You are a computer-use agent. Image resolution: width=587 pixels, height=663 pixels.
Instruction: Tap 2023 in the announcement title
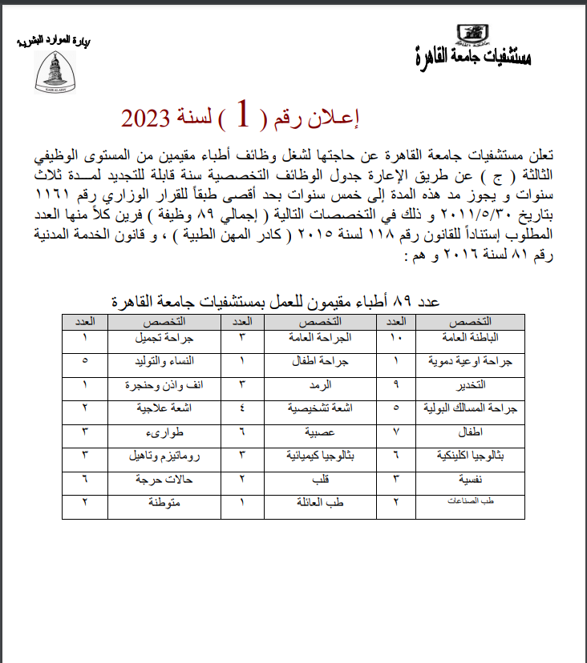click(151, 120)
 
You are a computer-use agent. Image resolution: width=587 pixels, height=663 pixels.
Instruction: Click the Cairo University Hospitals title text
click(474, 55)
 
